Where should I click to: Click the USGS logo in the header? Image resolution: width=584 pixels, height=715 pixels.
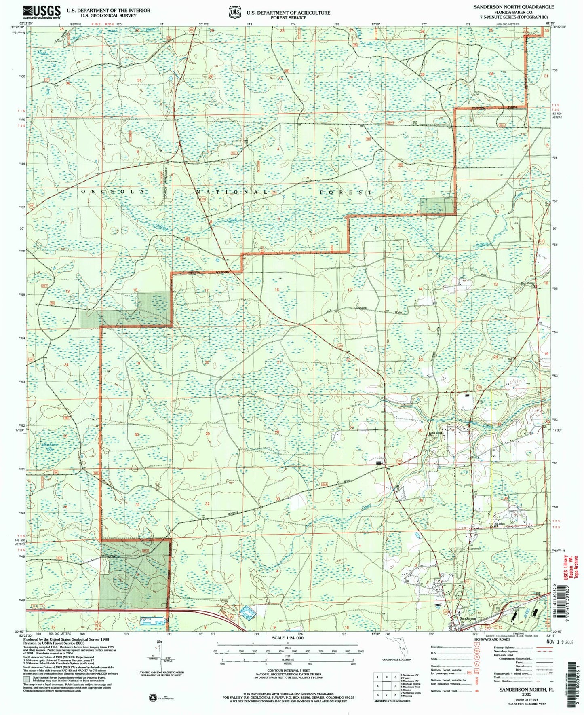(42, 12)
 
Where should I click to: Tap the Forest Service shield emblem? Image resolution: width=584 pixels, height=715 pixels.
(234, 12)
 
